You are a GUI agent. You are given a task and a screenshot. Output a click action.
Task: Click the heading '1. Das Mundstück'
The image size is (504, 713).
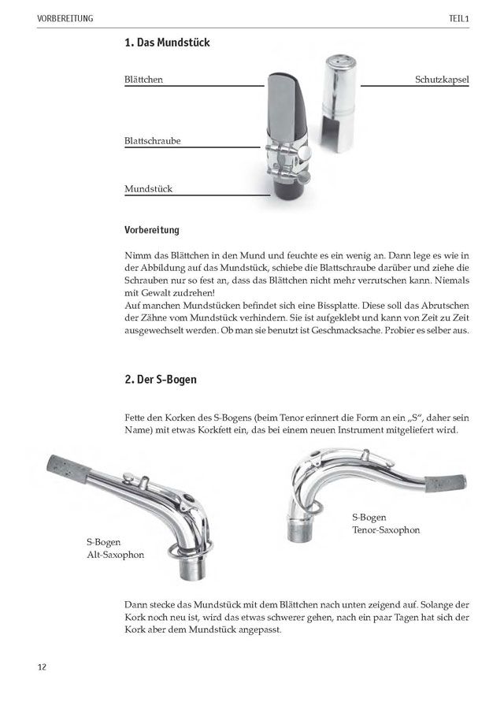(167, 43)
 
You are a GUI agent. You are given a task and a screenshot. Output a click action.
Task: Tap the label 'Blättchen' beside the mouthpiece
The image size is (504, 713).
(143, 80)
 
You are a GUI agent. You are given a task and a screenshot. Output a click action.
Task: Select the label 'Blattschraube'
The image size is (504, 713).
(153, 141)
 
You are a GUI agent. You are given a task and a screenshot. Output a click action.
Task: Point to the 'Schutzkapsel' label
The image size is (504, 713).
(442, 80)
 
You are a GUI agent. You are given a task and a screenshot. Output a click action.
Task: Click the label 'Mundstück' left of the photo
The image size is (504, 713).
(148, 189)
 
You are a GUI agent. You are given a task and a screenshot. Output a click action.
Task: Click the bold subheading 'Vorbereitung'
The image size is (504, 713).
(152, 231)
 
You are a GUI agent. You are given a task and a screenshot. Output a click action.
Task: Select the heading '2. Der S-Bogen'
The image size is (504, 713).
(161, 380)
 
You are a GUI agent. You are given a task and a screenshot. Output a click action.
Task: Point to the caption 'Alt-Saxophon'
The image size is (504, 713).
(117, 555)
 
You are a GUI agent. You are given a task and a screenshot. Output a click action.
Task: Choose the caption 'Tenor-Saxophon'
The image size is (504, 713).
(386, 530)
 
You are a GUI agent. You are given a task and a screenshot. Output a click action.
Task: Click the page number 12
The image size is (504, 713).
(42, 667)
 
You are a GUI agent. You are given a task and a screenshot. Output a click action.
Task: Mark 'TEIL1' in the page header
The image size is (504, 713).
(457, 17)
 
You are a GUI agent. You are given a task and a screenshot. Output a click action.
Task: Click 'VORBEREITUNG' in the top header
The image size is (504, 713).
(64, 17)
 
